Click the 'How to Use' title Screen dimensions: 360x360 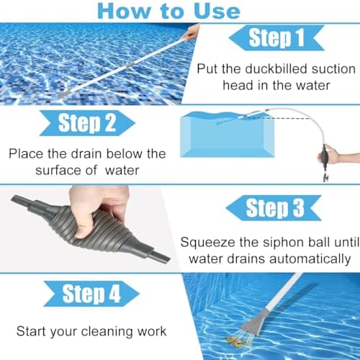pyautogui.click(x=168, y=10)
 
